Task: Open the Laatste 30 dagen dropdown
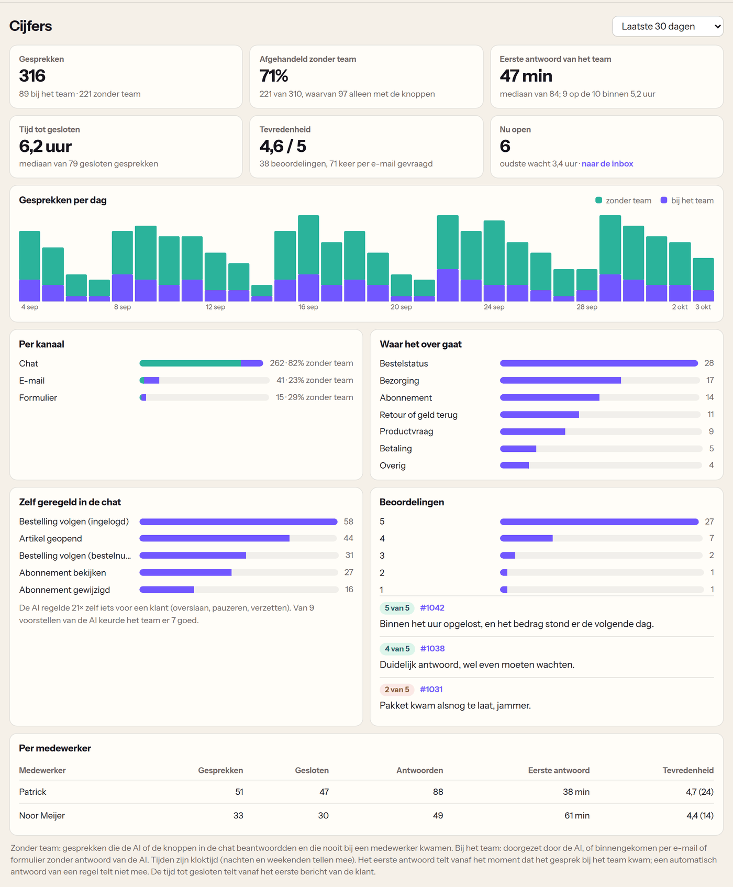click(x=668, y=26)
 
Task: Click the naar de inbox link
click(x=607, y=164)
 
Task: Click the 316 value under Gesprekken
click(x=32, y=76)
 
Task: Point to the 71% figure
click(x=274, y=76)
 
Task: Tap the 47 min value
click(x=526, y=76)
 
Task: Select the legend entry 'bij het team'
click(x=687, y=201)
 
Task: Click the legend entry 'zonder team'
click(x=623, y=201)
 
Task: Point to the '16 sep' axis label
click(x=308, y=307)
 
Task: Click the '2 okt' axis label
click(x=680, y=307)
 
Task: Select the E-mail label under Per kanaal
click(x=32, y=381)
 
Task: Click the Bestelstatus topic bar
click(x=599, y=363)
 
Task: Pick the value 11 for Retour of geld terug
click(x=710, y=415)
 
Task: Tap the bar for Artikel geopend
click(x=214, y=538)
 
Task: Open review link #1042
click(x=432, y=608)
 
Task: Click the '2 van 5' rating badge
click(x=397, y=690)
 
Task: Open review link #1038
click(x=432, y=649)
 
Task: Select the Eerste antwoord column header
click(x=559, y=770)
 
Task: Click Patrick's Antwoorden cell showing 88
click(x=438, y=792)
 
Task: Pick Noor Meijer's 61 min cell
click(x=576, y=815)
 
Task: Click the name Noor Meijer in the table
click(x=42, y=815)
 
